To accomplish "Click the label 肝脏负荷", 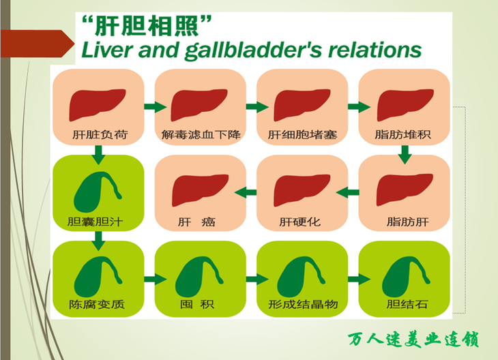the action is pyautogui.click(x=100, y=134).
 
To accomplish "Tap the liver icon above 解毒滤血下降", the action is pyautogui.click(x=199, y=105).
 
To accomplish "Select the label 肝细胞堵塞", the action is pyautogui.click(x=302, y=134).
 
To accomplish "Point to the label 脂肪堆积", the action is pyautogui.click(x=402, y=134).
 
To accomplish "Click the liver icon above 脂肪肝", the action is pyautogui.click(x=405, y=190).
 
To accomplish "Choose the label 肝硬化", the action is pyautogui.click(x=299, y=222).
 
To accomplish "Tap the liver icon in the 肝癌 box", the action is pyautogui.click(x=200, y=190).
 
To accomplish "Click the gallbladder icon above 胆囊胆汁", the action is pyautogui.click(x=98, y=192).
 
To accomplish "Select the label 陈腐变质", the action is pyautogui.click(x=97, y=305).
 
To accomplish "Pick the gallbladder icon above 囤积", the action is pyautogui.click(x=199, y=277).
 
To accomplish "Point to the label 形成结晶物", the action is pyautogui.click(x=303, y=305).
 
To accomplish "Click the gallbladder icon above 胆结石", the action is pyautogui.click(x=406, y=277).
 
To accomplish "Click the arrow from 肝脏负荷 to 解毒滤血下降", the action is pyautogui.click(x=156, y=106).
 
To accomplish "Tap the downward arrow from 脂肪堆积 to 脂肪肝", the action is pyautogui.click(x=405, y=155).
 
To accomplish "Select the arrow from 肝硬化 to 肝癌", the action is pyautogui.click(x=246, y=192).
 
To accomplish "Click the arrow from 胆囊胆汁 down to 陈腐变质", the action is pyautogui.click(x=98, y=241).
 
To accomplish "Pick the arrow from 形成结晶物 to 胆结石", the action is pyautogui.click(x=360, y=280).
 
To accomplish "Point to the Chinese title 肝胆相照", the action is pyautogui.click(x=147, y=26).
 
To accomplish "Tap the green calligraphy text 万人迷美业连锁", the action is pyautogui.click(x=413, y=340).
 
